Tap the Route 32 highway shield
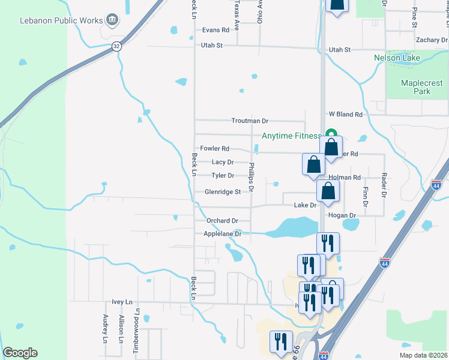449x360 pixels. [x=116, y=46]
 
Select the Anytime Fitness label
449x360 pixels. [x=291, y=136]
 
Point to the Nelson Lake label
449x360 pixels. [x=397, y=58]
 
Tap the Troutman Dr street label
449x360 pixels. [x=250, y=121]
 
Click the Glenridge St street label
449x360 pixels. [x=222, y=192]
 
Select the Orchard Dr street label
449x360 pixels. [x=222, y=221]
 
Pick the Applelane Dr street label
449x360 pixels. [x=222, y=234]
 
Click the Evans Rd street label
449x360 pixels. [x=216, y=29]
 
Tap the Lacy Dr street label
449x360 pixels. [x=223, y=162]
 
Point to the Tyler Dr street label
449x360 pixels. [x=222, y=176]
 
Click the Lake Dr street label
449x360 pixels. [x=305, y=205]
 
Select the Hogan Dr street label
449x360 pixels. [x=342, y=215]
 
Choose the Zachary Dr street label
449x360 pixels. [x=432, y=40]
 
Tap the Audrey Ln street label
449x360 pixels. [x=105, y=329]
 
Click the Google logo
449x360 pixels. [x=20, y=353]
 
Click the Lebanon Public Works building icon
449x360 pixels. [x=112, y=20]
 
